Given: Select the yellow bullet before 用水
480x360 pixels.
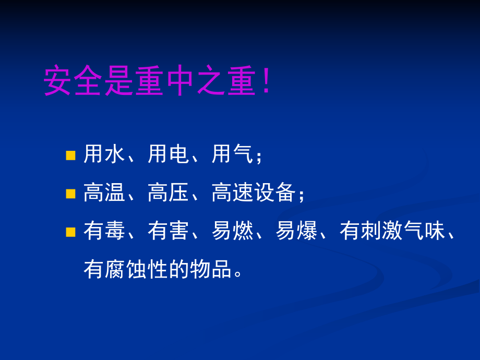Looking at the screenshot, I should [x=71, y=155].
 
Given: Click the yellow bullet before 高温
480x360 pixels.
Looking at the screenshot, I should [x=71, y=194].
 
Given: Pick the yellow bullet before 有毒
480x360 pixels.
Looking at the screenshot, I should [x=71, y=232].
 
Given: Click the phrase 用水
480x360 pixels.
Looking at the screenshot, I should [x=104, y=155].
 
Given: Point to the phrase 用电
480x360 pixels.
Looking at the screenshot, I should [x=169, y=155].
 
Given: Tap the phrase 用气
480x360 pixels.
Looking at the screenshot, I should [x=233, y=155].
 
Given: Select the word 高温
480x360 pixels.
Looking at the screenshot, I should [x=104, y=193].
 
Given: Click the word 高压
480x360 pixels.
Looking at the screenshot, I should [x=169, y=193].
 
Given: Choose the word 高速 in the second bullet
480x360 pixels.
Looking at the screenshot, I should [x=233, y=193].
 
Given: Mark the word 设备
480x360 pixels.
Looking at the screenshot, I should [x=275, y=193].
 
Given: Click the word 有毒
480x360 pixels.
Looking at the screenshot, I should [x=104, y=231].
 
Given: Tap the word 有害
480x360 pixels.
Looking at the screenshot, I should [x=169, y=231].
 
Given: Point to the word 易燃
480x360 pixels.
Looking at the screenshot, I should [x=233, y=231].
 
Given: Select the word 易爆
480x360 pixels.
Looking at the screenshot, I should [x=297, y=231].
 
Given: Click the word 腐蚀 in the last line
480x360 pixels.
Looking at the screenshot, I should [x=126, y=269].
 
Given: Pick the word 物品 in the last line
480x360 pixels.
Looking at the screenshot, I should [x=211, y=269].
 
